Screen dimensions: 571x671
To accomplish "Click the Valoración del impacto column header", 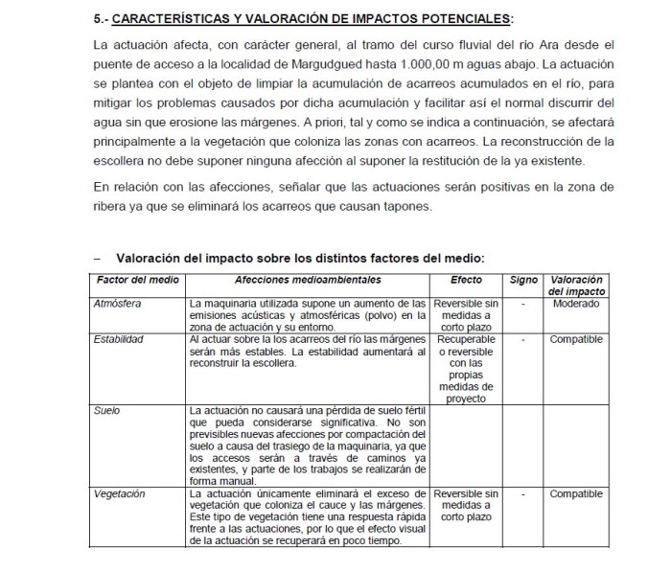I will point(576,285).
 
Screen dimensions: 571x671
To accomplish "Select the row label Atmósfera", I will point(118,304).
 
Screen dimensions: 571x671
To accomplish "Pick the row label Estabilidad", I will point(119,339).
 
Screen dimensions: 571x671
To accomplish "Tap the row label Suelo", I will point(106,409).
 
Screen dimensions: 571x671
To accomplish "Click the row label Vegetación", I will point(120,493).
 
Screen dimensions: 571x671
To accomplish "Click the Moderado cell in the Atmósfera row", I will point(576,304).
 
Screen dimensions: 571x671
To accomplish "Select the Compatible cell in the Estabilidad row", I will point(576,339).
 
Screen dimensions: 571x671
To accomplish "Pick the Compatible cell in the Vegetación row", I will point(576,493).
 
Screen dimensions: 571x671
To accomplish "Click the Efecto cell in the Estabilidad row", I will point(466,368).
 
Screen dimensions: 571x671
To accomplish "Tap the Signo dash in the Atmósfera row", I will point(523,304).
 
